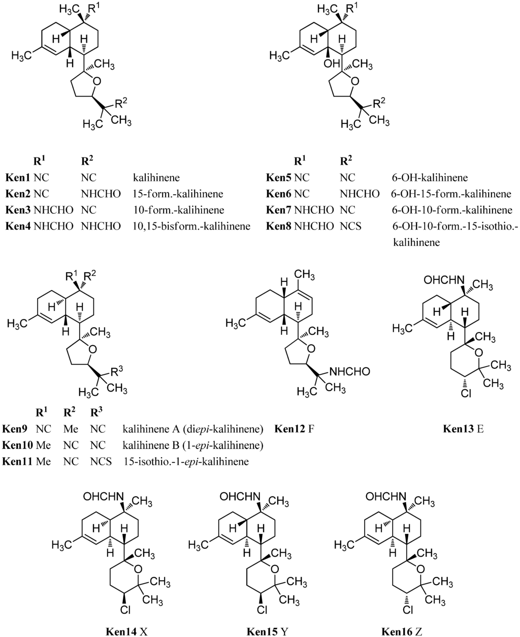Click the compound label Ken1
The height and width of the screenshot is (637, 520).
18,178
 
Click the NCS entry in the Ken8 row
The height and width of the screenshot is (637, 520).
350,226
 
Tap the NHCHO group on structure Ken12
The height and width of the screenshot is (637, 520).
349,372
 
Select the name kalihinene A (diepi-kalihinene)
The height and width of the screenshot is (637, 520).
192,429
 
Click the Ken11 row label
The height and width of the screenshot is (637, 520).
18,462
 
